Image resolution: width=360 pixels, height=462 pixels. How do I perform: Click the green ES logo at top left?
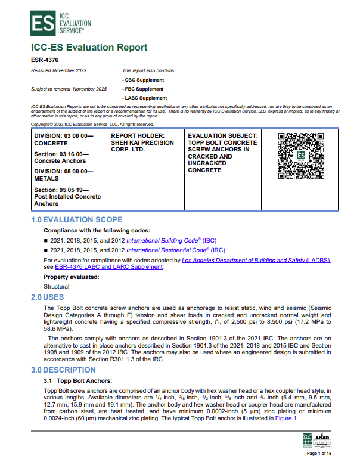coord(41,23)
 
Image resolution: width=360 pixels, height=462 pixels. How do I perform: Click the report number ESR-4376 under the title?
coord(44,60)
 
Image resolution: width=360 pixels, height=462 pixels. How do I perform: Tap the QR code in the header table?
coord(301,156)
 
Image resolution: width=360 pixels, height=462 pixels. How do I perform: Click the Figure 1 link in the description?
coord(285,418)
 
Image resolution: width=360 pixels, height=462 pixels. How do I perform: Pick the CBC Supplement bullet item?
coord(143,80)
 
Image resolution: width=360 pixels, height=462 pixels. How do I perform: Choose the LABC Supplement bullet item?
coord(145,98)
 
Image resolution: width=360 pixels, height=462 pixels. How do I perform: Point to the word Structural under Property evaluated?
coord(57,286)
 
